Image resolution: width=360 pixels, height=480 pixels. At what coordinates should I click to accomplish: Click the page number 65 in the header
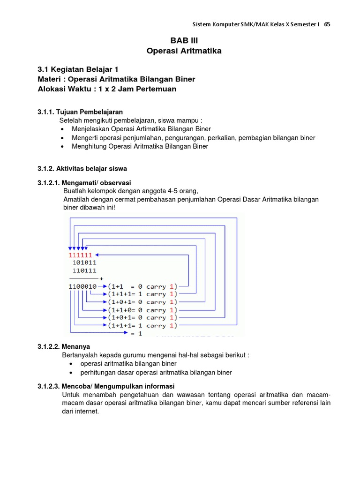pos(327,24)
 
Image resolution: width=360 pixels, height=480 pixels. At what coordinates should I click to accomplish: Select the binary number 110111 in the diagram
pos(85,270)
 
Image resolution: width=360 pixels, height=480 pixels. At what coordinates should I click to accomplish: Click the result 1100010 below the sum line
pos(82,286)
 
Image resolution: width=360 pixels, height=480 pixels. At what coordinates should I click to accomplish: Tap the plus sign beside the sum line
pos(101,278)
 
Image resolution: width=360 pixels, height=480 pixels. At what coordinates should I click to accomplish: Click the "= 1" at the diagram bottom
pos(136,333)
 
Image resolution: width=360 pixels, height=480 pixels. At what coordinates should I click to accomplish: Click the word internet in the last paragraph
pos(87,411)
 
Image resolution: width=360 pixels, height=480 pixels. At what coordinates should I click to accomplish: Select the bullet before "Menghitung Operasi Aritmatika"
pos(63,146)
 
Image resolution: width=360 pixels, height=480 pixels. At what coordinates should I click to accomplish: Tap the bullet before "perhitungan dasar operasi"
pos(71,373)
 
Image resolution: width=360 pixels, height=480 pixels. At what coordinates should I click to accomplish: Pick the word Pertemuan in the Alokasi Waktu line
pos(156,89)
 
